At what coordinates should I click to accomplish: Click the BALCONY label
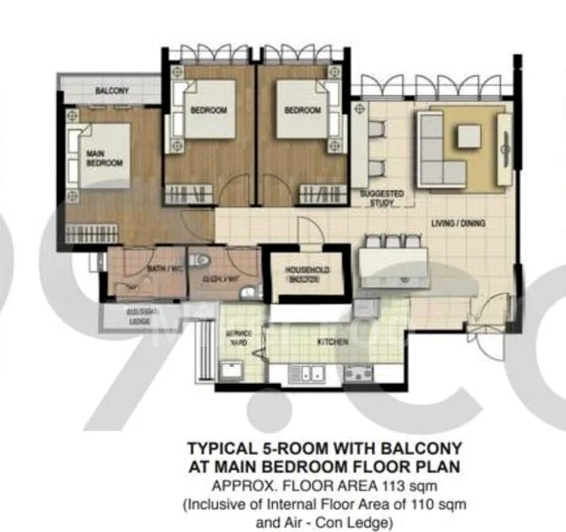click(x=112, y=90)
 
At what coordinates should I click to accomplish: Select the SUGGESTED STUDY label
click(x=382, y=198)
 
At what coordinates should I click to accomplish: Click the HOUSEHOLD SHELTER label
click(x=306, y=273)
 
